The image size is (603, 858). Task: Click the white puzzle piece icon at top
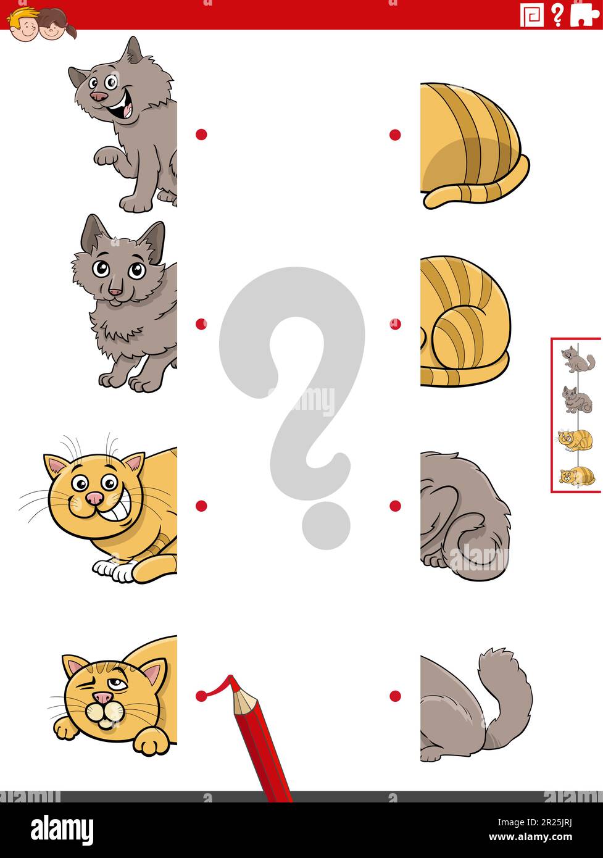(x=584, y=14)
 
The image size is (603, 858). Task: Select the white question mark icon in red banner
(x=557, y=14)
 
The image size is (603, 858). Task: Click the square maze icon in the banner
(x=531, y=15)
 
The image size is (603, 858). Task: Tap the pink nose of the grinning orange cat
(x=94, y=498)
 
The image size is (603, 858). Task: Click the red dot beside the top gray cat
(x=201, y=135)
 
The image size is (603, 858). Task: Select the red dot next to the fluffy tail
(x=395, y=696)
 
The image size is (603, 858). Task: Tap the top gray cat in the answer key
(x=577, y=360)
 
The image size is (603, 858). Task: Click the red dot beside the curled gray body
(x=395, y=506)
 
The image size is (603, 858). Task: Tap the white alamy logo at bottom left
(x=62, y=830)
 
